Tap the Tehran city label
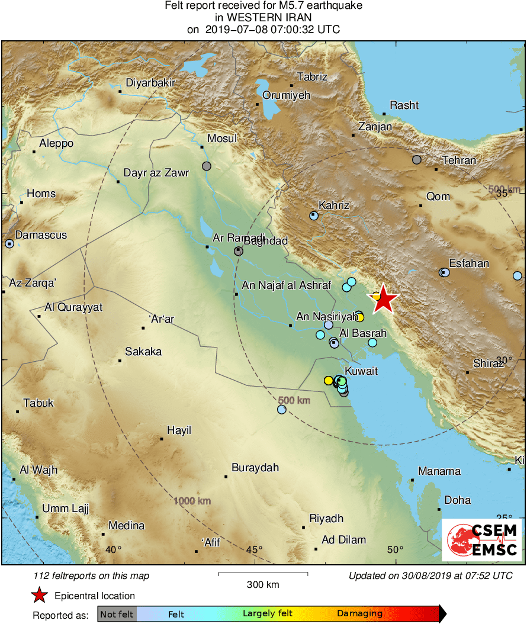point(459,160)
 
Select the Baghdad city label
point(266,241)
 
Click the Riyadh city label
point(326,519)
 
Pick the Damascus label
point(41,235)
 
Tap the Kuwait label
point(361,371)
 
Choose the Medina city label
point(126,526)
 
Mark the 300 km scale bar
point(263,574)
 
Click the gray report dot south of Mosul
point(206,166)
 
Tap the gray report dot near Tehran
point(417,159)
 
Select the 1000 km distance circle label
point(192,501)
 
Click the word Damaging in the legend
point(360,614)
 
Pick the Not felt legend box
point(117,614)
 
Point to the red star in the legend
point(39,595)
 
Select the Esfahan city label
point(469,263)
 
